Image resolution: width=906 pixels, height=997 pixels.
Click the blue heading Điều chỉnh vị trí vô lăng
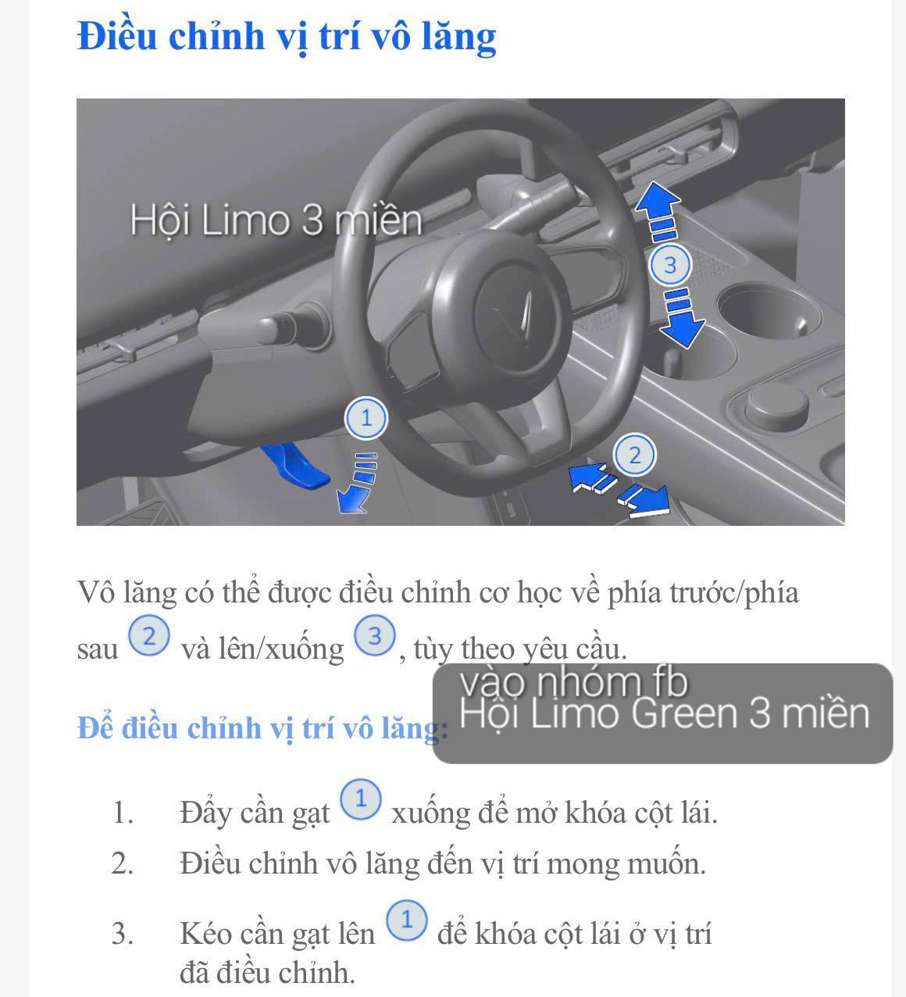click(287, 37)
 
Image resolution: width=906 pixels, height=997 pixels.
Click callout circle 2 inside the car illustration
click(634, 454)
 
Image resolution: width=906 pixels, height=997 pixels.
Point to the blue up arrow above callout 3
click(658, 202)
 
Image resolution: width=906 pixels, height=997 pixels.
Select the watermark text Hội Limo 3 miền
click(275, 220)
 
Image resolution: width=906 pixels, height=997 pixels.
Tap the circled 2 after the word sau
click(148, 637)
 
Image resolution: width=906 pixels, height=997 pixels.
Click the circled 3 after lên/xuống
click(375, 637)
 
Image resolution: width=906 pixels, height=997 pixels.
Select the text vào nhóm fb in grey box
click(574, 683)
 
